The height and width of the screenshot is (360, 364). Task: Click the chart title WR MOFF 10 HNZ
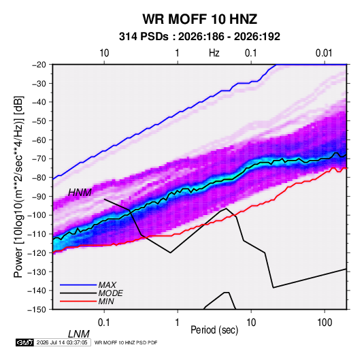coord(199,19)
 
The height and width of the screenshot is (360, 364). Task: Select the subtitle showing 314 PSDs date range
coord(199,37)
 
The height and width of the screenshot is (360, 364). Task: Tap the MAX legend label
coord(107,284)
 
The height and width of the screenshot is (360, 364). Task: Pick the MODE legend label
coord(110,293)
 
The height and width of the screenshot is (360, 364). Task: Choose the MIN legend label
coord(106,301)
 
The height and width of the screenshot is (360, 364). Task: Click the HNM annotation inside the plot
coord(80,193)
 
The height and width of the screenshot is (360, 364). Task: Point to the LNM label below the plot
coord(79,334)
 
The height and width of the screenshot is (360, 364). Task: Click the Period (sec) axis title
coord(214,330)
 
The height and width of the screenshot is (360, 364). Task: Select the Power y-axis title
coord(18,186)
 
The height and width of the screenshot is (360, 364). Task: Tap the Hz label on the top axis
coord(214,53)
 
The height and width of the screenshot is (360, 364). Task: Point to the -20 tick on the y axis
coord(39,65)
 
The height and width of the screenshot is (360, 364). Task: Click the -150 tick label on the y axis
coord(37,310)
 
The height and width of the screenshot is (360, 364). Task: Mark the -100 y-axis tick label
coord(37,215)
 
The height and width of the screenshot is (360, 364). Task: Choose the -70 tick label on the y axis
coord(39,159)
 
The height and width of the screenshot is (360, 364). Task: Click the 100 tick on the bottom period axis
coord(325,323)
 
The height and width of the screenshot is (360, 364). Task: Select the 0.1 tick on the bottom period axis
coord(104,323)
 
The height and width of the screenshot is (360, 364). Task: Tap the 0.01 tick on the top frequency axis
coord(324,53)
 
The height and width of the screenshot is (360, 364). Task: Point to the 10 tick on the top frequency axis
coord(104,53)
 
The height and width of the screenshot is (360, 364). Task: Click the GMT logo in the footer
coord(24,342)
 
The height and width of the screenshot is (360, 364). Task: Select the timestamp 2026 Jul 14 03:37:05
coord(62,342)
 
